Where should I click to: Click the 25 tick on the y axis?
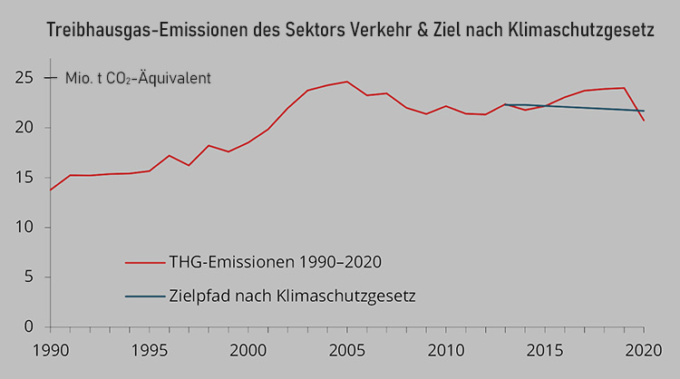(x=25, y=78)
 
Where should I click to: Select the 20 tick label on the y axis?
(x=25, y=128)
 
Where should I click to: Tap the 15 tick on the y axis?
(x=25, y=178)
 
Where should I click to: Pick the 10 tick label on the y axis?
(x=25, y=228)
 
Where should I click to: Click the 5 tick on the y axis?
(x=29, y=277)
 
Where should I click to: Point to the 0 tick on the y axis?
(x=29, y=326)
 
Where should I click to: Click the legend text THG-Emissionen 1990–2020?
(x=275, y=262)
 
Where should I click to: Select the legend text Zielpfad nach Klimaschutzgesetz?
(x=291, y=296)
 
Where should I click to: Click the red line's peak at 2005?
(x=346, y=82)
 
